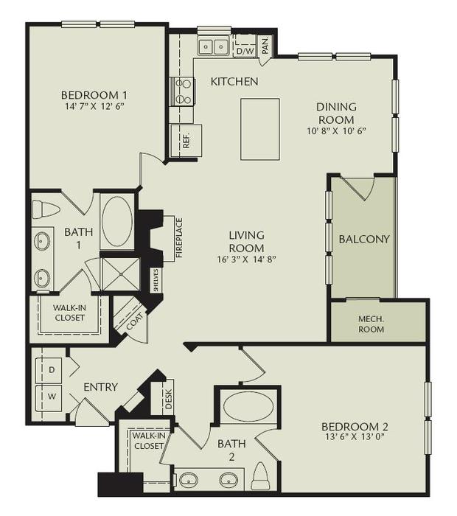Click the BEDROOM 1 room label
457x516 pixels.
(94, 94)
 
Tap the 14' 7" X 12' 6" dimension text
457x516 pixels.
(94, 106)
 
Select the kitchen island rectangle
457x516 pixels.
(259, 129)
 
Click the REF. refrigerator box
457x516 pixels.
(186, 140)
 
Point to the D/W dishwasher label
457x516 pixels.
(244, 51)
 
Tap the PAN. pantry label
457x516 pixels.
(265, 46)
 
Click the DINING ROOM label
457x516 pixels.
(335, 113)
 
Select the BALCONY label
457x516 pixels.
(363, 240)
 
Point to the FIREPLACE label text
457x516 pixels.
(178, 238)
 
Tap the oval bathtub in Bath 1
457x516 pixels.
(117, 220)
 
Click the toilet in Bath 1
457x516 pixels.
(46, 209)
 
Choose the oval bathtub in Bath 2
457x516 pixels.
(247, 407)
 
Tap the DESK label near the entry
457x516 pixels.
(169, 398)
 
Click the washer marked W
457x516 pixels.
(51, 396)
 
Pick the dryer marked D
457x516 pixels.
(51, 368)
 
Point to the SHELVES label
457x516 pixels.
(156, 280)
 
